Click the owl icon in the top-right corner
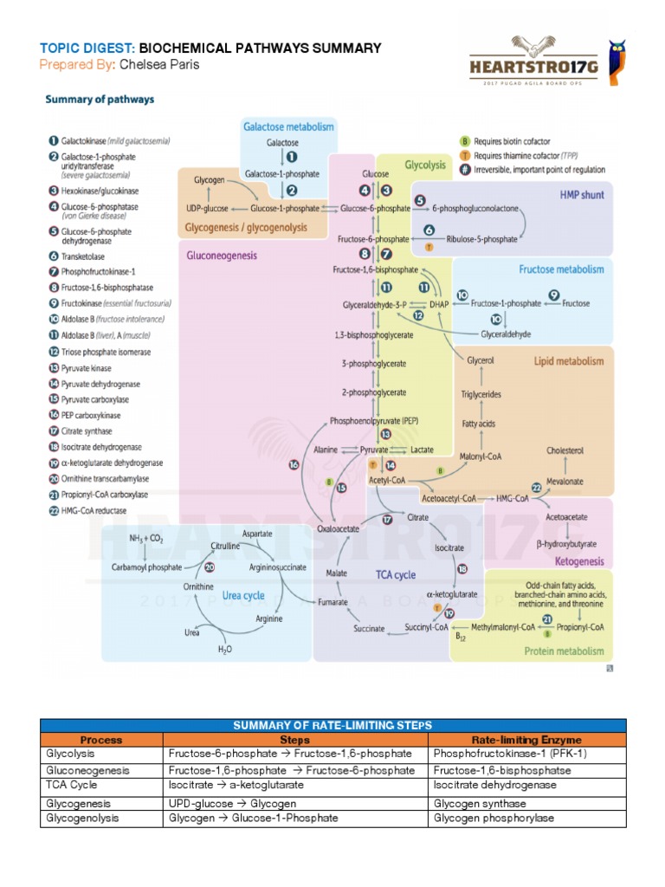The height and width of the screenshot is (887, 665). click(x=618, y=59)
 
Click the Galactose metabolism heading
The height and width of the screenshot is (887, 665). click(x=288, y=126)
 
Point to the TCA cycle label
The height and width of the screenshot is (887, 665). click(x=395, y=574)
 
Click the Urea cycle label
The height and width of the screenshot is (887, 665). click(x=243, y=596)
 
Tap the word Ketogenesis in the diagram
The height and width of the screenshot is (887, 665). click(x=584, y=561)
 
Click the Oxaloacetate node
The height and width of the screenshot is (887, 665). click(x=338, y=528)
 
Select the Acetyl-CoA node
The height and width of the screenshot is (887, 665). click(x=387, y=479)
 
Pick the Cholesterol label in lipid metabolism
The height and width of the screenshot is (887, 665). click(x=565, y=450)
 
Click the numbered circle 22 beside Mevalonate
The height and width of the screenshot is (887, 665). click(x=537, y=488)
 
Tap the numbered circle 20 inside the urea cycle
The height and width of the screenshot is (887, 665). click(x=209, y=567)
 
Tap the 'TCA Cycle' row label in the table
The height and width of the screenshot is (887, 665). click(x=72, y=784)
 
